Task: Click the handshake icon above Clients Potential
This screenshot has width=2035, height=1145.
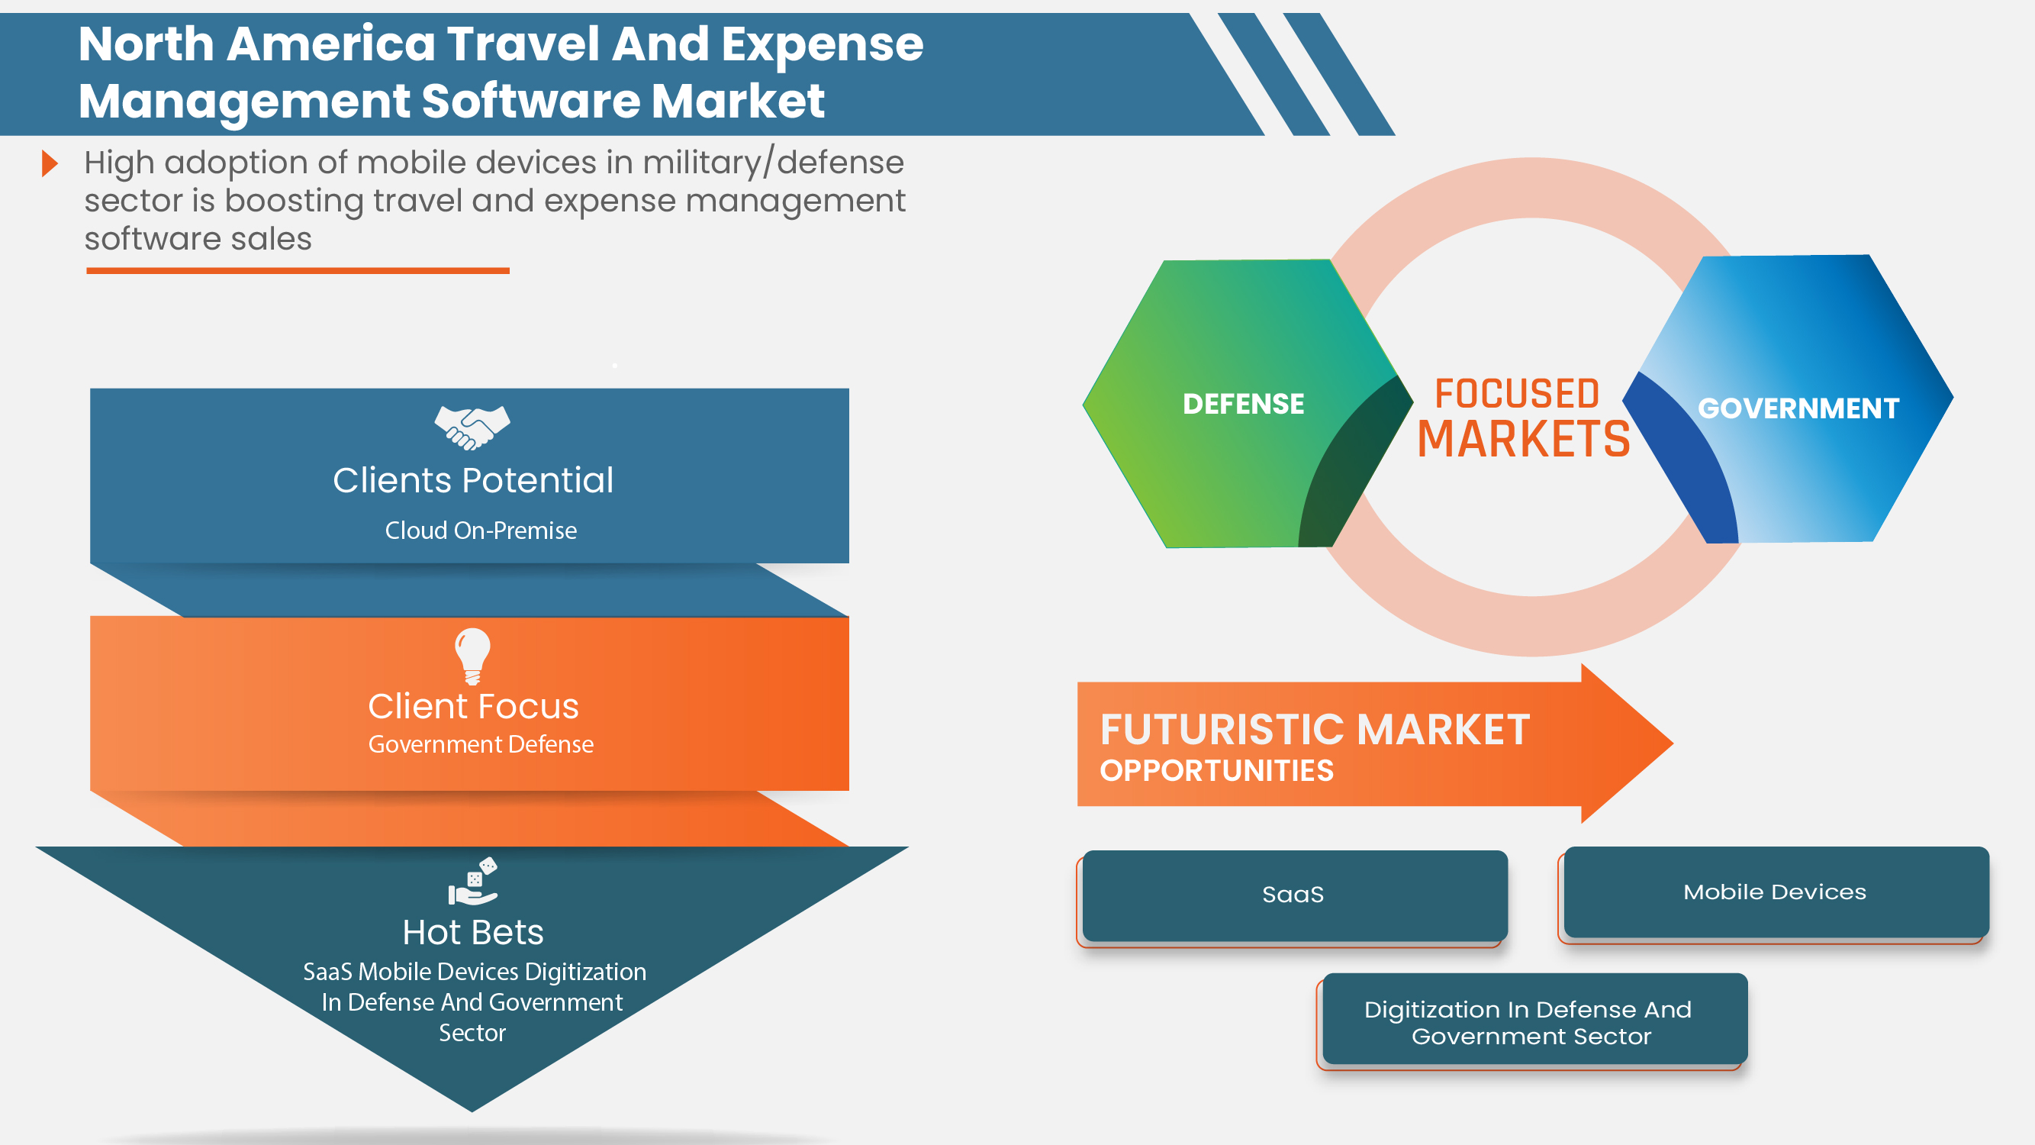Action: (472, 427)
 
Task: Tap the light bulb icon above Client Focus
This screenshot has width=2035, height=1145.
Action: (472, 655)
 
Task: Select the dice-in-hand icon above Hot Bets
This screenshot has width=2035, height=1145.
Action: (473, 880)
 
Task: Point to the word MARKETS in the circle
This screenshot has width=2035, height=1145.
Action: (1523, 440)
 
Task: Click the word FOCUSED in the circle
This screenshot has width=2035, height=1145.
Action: (1517, 394)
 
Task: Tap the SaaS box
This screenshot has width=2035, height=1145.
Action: (1294, 895)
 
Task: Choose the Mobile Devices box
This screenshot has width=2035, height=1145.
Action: (1775, 892)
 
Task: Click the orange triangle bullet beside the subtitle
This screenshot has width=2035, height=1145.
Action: (50, 163)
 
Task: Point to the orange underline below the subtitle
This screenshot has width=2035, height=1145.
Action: (298, 271)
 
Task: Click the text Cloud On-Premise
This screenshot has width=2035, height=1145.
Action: (480, 531)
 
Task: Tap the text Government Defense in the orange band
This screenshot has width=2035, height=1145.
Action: (480, 744)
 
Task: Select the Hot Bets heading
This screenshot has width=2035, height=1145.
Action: (472, 933)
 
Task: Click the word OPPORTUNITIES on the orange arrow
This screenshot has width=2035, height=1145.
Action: (1216, 770)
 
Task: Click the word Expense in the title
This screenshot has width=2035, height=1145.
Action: (822, 44)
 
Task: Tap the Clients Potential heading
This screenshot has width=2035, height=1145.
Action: (472, 480)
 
